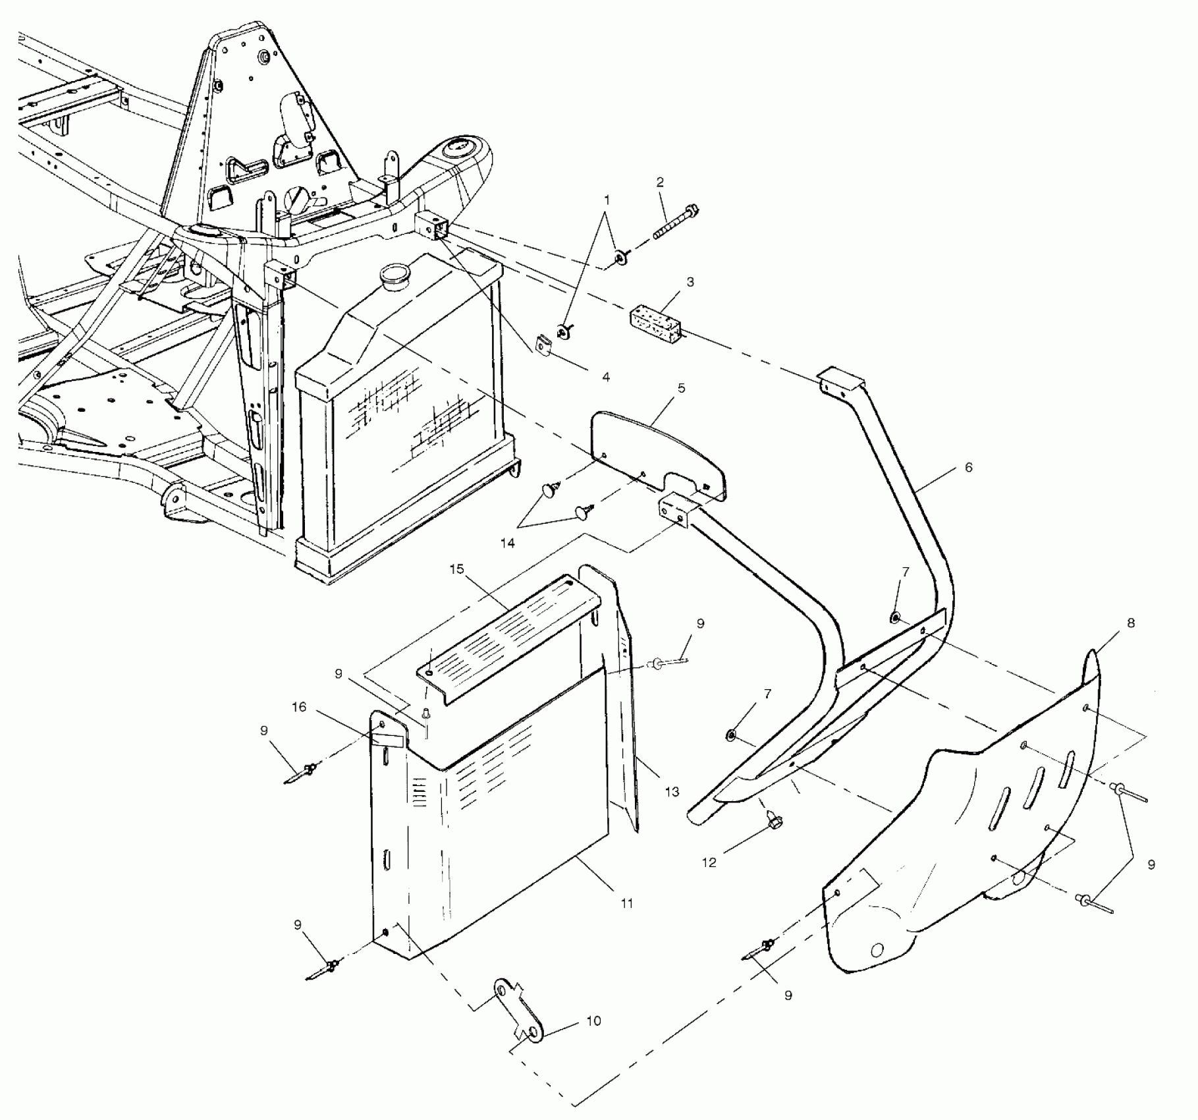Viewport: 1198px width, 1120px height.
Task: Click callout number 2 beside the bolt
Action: point(660,182)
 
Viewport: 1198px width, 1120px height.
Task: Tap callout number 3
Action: point(690,282)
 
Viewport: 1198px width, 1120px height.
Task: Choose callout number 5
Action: point(681,388)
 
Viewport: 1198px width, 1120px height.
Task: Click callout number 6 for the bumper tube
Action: point(968,467)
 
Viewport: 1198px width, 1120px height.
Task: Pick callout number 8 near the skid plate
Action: point(1130,623)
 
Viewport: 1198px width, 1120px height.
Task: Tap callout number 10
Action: point(593,1021)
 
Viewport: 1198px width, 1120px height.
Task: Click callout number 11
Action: point(626,903)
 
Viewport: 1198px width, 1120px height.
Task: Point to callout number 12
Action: point(709,862)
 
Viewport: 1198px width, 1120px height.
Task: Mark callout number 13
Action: point(671,792)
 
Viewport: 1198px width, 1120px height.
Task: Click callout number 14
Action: point(506,544)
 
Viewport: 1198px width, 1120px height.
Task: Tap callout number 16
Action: point(299,707)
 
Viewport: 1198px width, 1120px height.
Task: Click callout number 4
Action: point(606,378)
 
